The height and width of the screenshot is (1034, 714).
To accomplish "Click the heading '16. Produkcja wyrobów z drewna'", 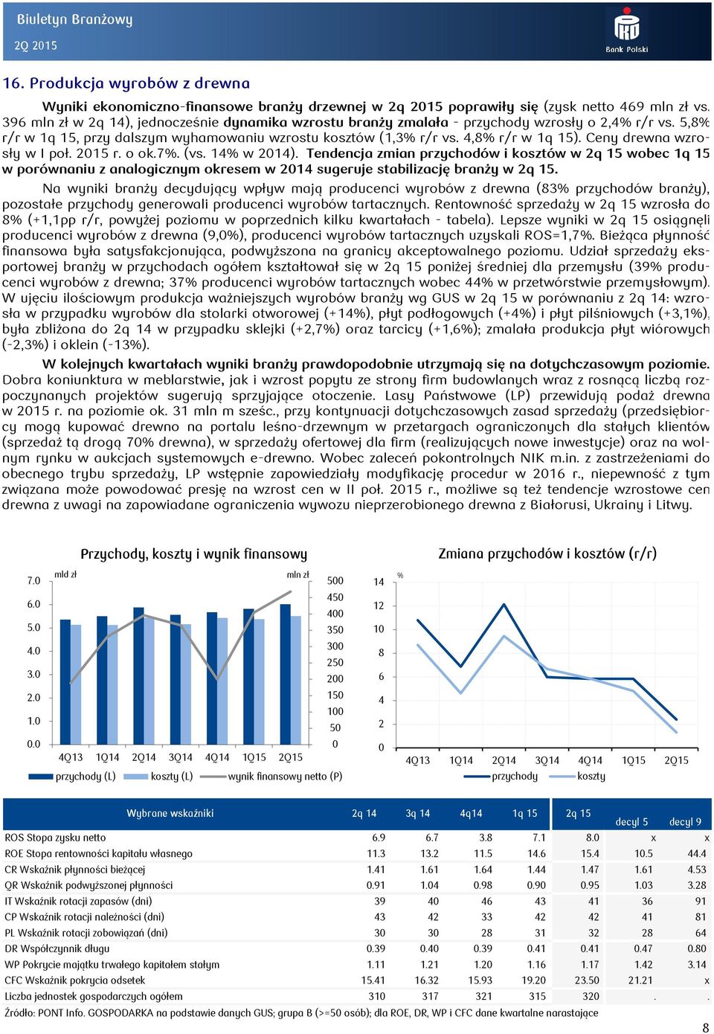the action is pos(126,83).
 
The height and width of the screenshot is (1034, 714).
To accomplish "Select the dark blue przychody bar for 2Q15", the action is pos(286,674).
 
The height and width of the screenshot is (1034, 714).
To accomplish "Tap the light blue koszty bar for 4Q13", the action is pos(76,684).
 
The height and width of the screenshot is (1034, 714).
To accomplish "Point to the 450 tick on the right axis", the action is pos(335,597).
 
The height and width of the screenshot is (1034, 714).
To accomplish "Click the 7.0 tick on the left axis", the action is pos(33,580).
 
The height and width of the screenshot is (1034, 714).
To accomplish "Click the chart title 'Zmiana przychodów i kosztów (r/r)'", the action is pos(547,553).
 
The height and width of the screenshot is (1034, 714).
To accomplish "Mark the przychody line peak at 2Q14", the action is pos(504,604).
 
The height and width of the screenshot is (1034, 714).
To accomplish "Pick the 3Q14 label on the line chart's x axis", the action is pos(547,760).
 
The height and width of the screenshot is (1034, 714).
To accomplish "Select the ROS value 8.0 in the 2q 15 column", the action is pos(592,838).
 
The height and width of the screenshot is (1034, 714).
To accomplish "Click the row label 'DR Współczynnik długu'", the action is pos(57,948).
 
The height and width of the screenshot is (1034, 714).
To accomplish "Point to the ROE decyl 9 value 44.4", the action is pos(697,853).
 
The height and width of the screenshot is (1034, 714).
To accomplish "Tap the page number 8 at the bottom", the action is pos(705,1027).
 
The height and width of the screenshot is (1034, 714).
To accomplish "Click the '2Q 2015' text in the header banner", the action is pos(36,45).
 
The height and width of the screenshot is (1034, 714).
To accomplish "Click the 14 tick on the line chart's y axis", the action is pos(379,582).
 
